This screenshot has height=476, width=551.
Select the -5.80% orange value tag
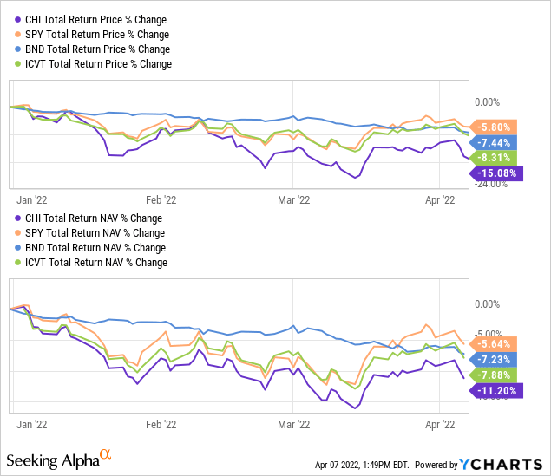(x=495, y=126)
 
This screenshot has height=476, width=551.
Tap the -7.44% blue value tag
(x=495, y=142)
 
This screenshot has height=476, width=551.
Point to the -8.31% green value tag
(x=495, y=158)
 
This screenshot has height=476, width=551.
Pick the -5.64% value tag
(x=495, y=342)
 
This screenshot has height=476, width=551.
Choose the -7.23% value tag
(x=495, y=359)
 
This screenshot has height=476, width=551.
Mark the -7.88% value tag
(x=495, y=375)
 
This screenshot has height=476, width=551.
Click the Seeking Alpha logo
(x=59, y=457)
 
